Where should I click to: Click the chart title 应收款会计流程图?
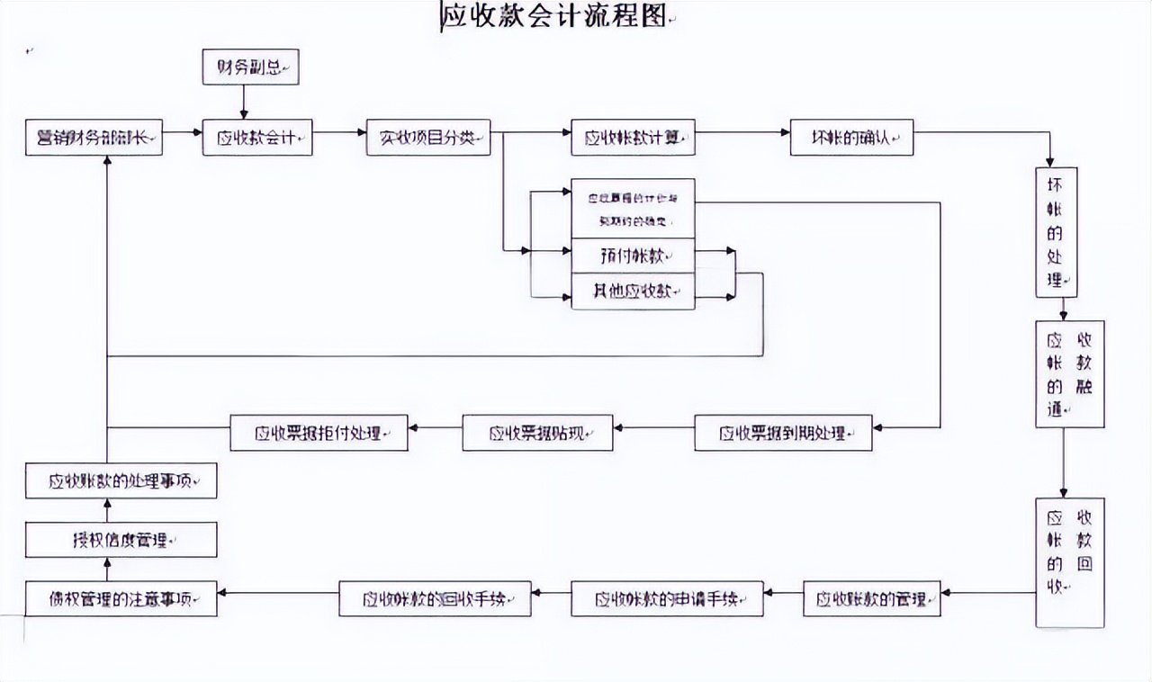pyautogui.click(x=553, y=18)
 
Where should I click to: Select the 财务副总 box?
pyautogui.click(x=250, y=67)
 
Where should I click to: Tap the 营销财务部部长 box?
pyautogui.click(x=94, y=138)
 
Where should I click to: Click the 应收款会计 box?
pyautogui.click(x=257, y=138)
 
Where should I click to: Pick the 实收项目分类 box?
pyautogui.click(x=428, y=138)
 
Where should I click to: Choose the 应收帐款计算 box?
pyautogui.click(x=633, y=138)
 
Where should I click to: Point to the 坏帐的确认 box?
pyautogui.click(x=851, y=138)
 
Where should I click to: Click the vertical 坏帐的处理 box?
pyautogui.click(x=1057, y=232)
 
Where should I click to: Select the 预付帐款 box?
pyautogui.click(x=633, y=255)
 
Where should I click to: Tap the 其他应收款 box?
pyautogui.click(x=633, y=292)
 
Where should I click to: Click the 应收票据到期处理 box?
pyautogui.click(x=783, y=433)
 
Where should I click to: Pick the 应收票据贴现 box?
pyautogui.click(x=537, y=433)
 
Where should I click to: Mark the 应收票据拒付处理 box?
pyautogui.click(x=319, y=433)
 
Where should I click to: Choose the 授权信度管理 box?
pyautogui.click(x=121, y=540)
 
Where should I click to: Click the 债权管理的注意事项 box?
pyautogui.click(x=121, y=598)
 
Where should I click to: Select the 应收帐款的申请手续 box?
pyautogui.click(x=667, y=598)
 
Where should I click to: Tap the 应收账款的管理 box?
pyautogui.click(x=871, y=598)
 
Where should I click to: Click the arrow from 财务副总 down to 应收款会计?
pyautogui.click(x=243, y=102)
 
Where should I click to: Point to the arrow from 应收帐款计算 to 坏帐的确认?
pyautogui.click(x=742, y=132)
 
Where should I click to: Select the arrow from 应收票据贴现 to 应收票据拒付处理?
pyautogui.click(x=435, y=427)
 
